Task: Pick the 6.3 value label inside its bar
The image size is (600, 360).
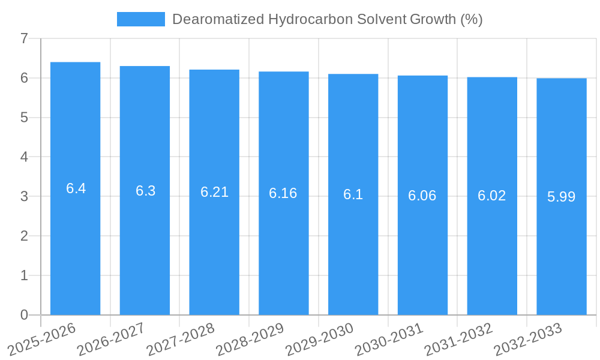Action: pos(145,191)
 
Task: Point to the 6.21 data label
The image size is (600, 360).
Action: pos(214,192)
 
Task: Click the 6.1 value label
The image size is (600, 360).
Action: pos(353,194)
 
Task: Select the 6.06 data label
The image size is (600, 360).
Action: pos(422,196)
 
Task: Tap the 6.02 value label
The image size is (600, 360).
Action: pos(492,196)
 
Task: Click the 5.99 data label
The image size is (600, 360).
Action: pos(562,196)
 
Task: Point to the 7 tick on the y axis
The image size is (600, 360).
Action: pos(24,39)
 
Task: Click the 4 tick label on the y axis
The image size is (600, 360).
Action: pos(24,157)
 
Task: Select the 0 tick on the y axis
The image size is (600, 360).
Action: pos(24,315)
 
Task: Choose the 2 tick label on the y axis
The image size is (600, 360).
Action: pos(24,236)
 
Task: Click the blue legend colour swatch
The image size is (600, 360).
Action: pos(140,19)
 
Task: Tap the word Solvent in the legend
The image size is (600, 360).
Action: pos(384,19)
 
